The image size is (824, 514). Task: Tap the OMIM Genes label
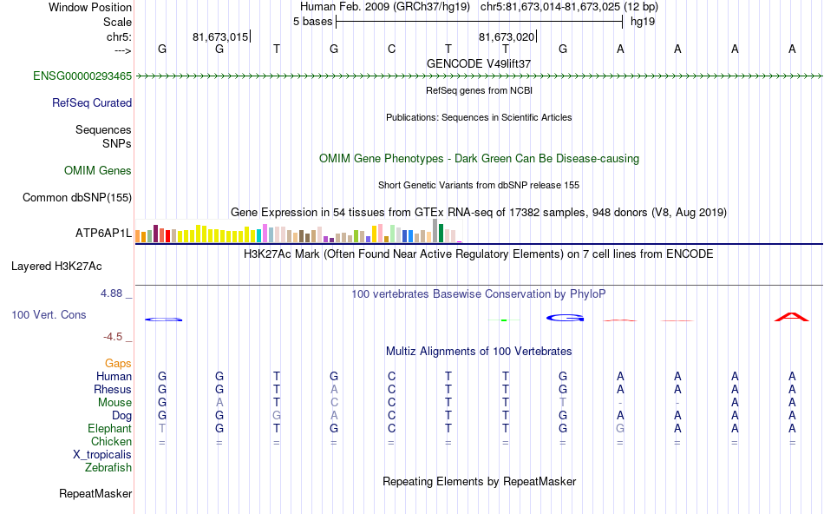click(x=98, y=171)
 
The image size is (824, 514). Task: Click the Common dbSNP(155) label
click(x=77, y=198)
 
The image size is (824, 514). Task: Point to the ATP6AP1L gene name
click(x=103, y=234)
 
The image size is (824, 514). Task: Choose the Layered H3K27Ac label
click(x=56, y=266)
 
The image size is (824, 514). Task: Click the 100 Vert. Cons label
click(x=49, y=315)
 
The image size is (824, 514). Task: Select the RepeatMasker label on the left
click(x=95, y=494)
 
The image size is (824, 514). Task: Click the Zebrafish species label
click(x=108, y=468)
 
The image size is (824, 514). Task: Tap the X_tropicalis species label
click(x=102, y=454)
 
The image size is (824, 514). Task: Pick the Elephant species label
click(x=109, y=429)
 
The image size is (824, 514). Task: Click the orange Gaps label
click(x=119, y=364)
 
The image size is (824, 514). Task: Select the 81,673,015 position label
click(x=220, y=36)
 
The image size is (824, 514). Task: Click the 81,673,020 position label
click(x=507, y=36)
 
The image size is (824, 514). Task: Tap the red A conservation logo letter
click(x=791, y=317)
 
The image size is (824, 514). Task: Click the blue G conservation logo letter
click(x=563, y=318)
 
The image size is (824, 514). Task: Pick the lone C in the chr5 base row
click(x=391, y=49)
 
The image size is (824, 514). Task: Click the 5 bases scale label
click(x=312, y=22)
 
